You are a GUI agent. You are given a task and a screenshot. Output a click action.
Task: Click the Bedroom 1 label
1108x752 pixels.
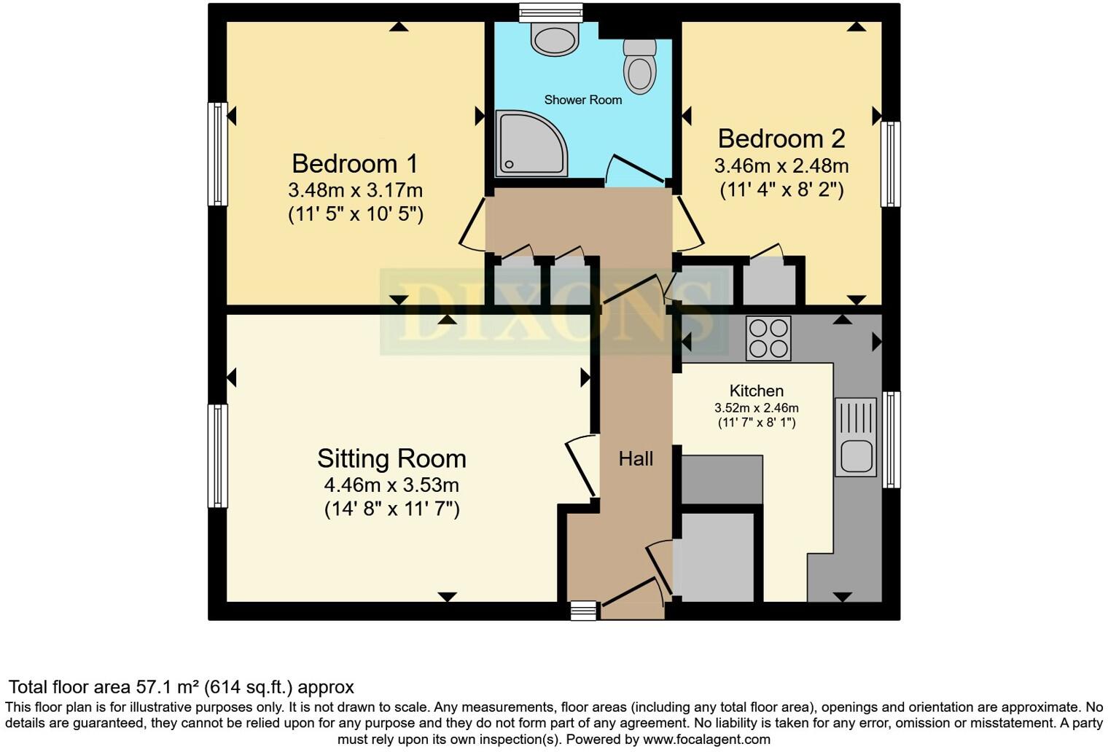click(x=355, y=164)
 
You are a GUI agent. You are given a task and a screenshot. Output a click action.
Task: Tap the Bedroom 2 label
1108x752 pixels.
click(x=781, y=139)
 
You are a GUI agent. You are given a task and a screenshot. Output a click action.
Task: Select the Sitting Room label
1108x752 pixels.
click(x=391, y=458)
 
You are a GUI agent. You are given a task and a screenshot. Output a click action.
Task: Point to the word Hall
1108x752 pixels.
click(x=636, y=459)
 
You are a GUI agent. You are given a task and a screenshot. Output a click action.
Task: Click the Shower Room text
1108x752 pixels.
click(x=583, y=100)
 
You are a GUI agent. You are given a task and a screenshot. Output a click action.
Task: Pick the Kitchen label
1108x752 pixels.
click(x=757, y=391)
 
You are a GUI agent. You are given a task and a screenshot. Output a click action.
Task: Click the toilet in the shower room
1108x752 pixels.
click(x=640, y=66)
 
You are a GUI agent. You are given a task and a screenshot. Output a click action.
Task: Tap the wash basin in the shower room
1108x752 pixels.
click(x=555, y=39)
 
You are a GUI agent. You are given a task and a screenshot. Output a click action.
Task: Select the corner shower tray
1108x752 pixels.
click(x=531, y=143)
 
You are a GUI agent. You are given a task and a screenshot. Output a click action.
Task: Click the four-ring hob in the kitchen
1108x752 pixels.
click(x=768, y=338)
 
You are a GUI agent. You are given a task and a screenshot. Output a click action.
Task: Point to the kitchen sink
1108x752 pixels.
click(x=857, y=437)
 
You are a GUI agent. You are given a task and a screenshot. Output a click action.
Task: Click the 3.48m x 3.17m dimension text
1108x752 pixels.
click(x=355, y=190)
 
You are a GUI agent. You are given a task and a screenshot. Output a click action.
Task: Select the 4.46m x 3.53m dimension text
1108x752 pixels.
click(x=391, y=485)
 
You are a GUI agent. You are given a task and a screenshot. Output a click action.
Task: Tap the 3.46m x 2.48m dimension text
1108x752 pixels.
click(x=781, y=165)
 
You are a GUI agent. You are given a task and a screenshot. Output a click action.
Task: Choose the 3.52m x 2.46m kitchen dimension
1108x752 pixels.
click(x=757, y=408)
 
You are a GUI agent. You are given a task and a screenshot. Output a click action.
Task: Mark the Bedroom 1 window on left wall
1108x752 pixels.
click(x=218, y=154)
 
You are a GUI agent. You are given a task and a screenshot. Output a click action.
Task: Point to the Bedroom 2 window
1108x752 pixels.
click(x=890, y=164)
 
